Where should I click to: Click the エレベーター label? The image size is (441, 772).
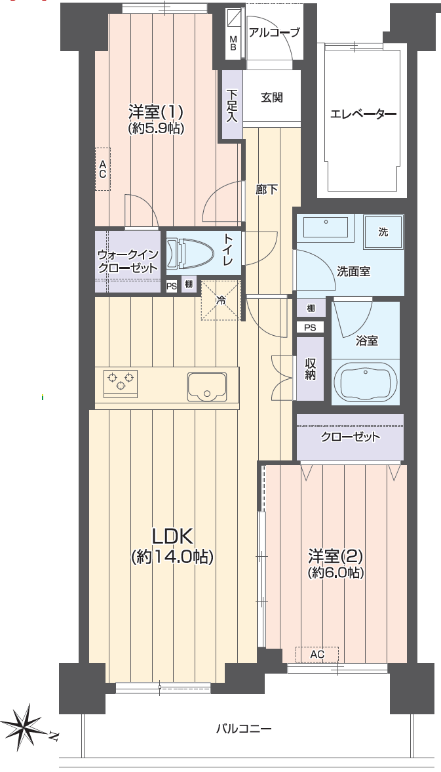tap(363, 115)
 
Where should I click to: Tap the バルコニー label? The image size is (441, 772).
tap(244, 728)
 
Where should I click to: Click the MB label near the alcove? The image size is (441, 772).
tap(233, 43)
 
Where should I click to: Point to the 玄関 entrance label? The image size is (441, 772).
tap(271, 98)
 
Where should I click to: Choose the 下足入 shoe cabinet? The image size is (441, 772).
tap(232, 105)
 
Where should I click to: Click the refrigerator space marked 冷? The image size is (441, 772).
tap(221, 300)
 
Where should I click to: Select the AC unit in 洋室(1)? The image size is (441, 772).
tap(103, 169)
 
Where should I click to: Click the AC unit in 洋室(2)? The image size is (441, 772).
tap(317, 655)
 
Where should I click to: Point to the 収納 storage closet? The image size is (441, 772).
tap(310, 369)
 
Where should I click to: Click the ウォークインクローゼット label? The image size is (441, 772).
tap(127, 262)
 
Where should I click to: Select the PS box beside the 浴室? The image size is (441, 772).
tap(310, 327)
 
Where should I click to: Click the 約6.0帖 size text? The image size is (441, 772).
tap(336, 573)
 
